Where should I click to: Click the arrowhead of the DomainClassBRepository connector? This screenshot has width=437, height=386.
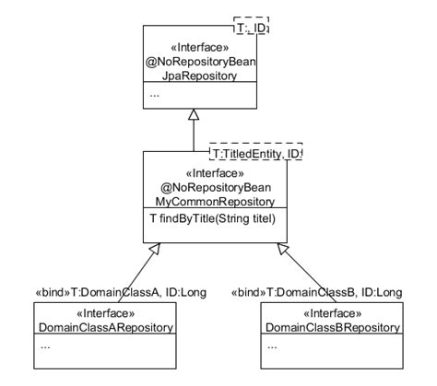pyautogui.click(x=284, y=248)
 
